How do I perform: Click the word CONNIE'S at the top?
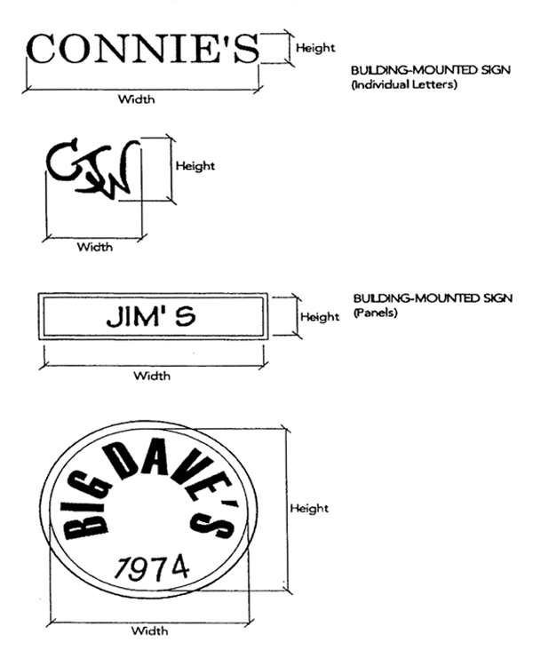click(143, 49)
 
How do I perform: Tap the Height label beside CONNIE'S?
click(315, 48)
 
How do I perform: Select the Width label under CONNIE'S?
click(137, 99)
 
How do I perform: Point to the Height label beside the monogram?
click(195, 166)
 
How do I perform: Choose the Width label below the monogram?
click(95, 246)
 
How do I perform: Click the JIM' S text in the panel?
click(151, 316)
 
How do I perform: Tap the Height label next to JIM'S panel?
click(320, 316)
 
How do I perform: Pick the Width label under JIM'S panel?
click(152, 375)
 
